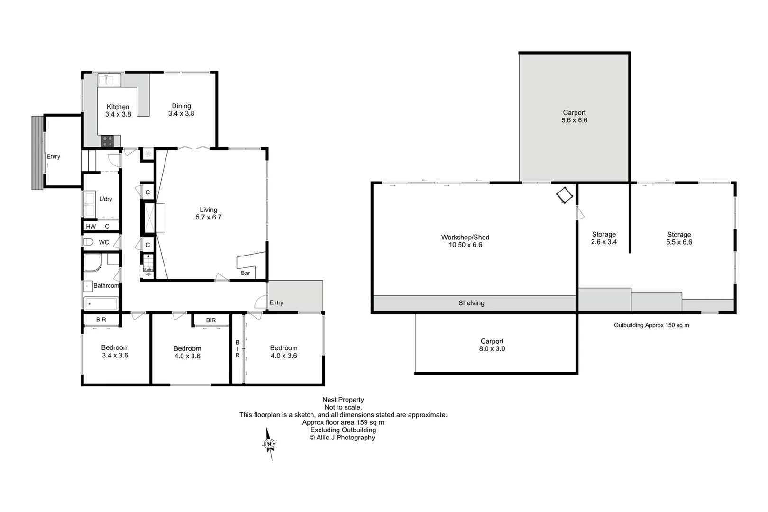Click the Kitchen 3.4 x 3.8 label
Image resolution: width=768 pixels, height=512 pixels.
tap(118, 110)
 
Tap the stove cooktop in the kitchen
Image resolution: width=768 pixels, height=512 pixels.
tap(108, 141)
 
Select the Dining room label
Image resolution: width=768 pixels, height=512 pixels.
tap(181, 110)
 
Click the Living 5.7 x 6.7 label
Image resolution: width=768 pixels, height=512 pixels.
tap(209, 213)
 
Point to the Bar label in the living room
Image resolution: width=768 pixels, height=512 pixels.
tap(245, 273)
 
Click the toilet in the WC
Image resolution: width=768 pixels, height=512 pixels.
tap(88, 242)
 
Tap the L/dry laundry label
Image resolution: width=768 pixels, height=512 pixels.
tap(106, 199)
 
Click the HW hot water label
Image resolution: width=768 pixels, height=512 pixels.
tap(91, 226)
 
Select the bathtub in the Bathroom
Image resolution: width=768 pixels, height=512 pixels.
tap(101, 303)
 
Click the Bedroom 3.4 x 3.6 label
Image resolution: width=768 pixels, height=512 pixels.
tap(115, 351)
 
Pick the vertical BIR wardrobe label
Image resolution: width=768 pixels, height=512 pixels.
tap(238, 348)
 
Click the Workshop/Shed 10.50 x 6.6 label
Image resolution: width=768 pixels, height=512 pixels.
tap(465, 241)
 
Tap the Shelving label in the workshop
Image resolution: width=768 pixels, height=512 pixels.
tap(471, 303)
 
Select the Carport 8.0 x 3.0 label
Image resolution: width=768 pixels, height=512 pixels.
tap(492, 345)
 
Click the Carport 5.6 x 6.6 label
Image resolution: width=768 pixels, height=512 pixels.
tap(574, 116)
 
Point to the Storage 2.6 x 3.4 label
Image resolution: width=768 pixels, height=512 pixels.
tap(603, 238)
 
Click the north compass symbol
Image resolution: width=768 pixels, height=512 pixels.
tap(269, 444)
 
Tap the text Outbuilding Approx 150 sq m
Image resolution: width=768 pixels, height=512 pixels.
tap(651, 325)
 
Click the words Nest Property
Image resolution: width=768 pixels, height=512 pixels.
tap(343, 400)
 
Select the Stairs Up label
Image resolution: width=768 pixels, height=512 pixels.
tap(148, 271)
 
